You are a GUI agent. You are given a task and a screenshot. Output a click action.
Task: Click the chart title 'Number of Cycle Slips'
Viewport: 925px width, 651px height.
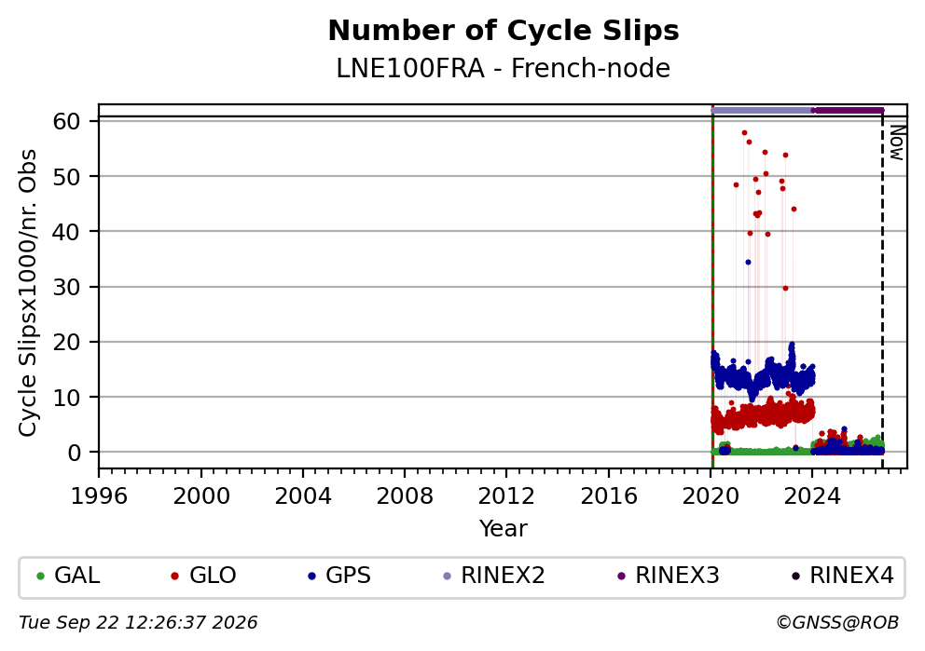(x=504, y=31)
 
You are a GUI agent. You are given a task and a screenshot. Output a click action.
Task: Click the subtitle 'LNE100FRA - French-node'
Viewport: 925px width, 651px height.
(x=504, y=68)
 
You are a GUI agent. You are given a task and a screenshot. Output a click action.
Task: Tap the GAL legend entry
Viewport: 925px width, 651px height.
(x=68, y=576)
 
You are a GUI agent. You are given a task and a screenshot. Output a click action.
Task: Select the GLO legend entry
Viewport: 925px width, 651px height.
(x=203, y=576)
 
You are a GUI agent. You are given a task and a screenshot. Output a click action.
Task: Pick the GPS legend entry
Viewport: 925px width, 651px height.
(x=339, y=576)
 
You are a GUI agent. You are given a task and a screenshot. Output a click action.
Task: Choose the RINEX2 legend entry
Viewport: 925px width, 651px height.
(x=494, y=576)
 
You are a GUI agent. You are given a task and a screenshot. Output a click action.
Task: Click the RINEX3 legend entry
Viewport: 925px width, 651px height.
(x=669, y=576)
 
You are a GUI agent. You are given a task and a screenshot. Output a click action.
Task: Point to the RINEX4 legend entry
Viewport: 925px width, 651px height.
(x=843, y=576)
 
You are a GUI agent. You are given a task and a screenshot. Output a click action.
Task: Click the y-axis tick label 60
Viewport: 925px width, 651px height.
(x=66, y=121)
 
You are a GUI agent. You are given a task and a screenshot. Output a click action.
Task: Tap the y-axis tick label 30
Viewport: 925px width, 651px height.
(x=66, y=287)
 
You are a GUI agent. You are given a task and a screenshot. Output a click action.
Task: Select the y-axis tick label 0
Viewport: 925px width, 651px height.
(x=74, y=453)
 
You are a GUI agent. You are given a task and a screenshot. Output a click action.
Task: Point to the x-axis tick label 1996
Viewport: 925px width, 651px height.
(x=99, y=496)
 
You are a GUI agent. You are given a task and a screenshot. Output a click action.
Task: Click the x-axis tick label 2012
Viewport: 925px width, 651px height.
(x=506, y=496)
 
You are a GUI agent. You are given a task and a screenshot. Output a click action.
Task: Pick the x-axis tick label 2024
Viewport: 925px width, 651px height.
(x=812, y=496)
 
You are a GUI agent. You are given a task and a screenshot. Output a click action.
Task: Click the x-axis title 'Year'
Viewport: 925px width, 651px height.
(x=504, y=528)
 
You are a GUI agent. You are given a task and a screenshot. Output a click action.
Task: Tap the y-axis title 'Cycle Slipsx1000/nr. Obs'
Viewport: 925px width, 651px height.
(x=28, y=292)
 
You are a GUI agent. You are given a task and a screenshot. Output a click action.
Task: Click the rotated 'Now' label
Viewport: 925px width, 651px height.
(x=897, y=142)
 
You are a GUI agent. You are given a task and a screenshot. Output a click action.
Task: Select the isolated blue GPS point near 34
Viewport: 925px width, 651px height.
(x=748, y=262)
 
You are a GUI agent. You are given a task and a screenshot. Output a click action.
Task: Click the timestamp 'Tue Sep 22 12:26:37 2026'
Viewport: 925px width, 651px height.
(x=138, y=623)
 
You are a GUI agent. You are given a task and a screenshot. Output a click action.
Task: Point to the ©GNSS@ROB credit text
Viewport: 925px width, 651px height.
(x=837, y=623)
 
